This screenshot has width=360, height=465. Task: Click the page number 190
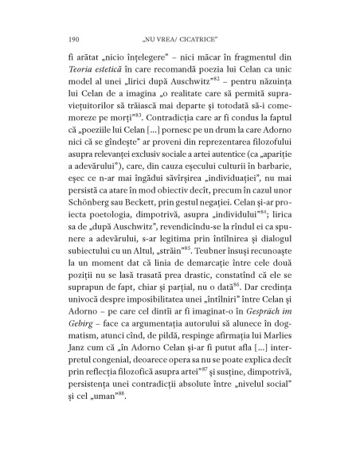click(x=76, y=35)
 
